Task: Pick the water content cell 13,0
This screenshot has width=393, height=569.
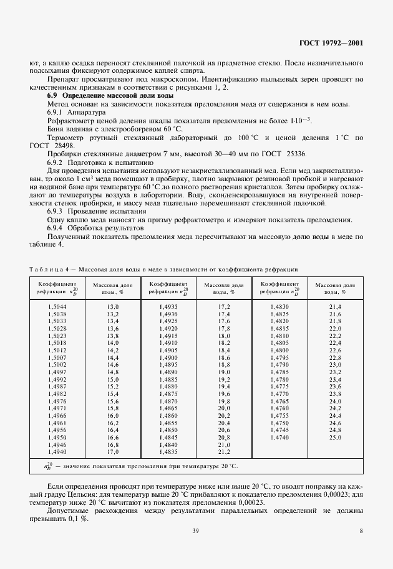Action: pos(112,307)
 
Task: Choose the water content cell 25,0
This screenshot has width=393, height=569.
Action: pos(335,438)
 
